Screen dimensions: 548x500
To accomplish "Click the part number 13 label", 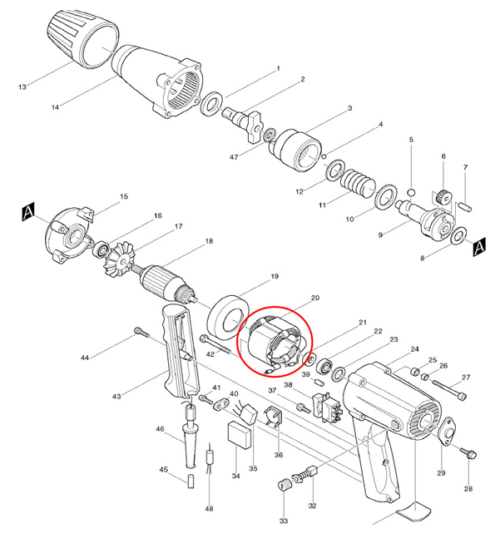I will [x=22, y=86].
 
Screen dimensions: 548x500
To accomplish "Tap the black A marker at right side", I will [x=478, y=247].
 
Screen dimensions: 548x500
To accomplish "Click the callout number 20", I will [x=314, y=298].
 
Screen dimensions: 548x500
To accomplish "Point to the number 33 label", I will [x=284, y=521].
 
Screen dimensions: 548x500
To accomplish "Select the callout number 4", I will [x=380, y=125].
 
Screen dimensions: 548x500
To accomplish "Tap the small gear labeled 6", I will [x=443, y=196].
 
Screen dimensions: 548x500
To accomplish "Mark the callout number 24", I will [x=414, y=349].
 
